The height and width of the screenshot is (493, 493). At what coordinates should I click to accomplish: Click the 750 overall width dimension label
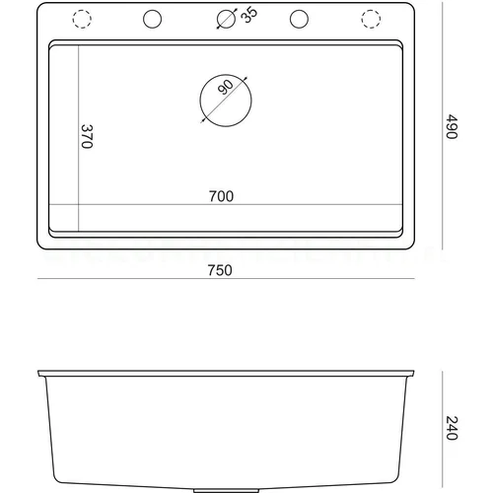point(220,270)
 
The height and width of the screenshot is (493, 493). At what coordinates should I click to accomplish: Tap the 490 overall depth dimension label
point(452,126)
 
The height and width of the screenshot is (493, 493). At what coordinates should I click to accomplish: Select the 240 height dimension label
point(452,428)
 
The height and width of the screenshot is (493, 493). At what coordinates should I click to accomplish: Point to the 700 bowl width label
point(221,196)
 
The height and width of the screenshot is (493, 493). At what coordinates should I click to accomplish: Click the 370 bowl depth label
point(87,136)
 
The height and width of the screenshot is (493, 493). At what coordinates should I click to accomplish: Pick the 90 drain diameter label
point(226,87)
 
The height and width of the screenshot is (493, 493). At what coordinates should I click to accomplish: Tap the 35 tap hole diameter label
point(249,15)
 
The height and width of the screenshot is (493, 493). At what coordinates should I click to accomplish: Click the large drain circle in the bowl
point(200,101)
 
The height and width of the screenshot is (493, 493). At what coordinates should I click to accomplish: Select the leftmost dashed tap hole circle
point(73,19)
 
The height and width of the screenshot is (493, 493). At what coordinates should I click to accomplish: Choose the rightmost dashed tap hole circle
point(362,19)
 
